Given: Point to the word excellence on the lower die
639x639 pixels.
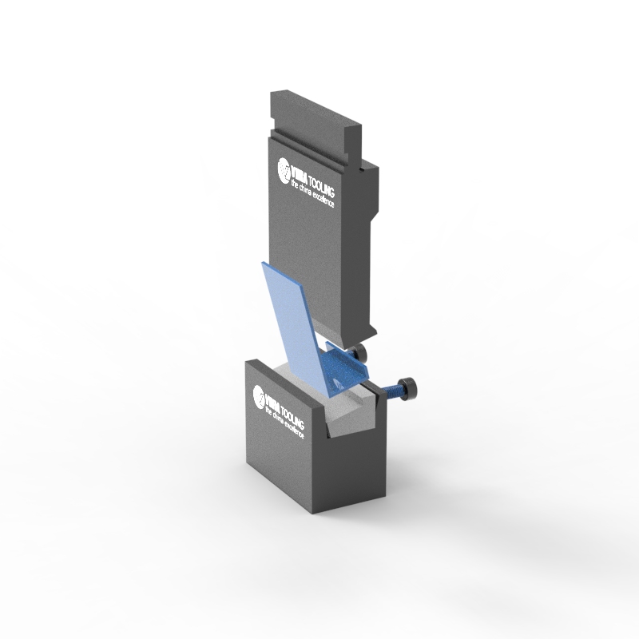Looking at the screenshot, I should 295,427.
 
